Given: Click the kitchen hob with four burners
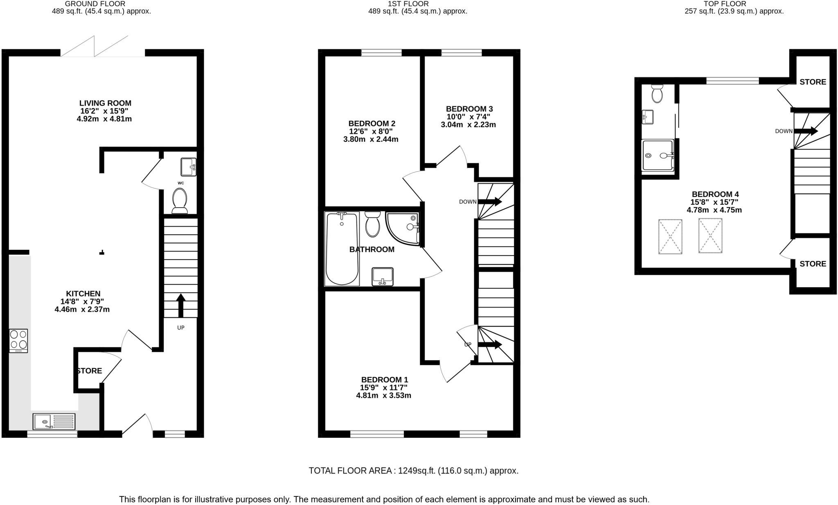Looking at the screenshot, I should [x=18, y=340].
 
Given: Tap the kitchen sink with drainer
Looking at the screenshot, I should [x=54, y=421].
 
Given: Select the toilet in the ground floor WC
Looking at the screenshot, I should [x=180, y=200].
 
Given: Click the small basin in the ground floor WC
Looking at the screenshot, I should [x=188, y=167].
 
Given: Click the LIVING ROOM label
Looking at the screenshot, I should [x=105, y=103].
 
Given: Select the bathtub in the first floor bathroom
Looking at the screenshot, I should [x=342, y=248].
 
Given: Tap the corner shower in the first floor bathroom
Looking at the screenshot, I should [x=403, y=229].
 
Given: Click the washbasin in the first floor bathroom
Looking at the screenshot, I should [x=383, y=276].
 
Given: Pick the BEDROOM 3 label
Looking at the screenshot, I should [x=469, y=109].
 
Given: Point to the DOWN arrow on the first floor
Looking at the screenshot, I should [x=490, y=202].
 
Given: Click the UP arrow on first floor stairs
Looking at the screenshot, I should [x=490, y=344].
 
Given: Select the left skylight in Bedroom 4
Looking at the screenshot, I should [x=670, y=237].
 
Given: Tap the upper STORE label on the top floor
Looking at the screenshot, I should [x=813, y=82].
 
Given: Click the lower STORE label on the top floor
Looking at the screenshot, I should [x=813, y=264].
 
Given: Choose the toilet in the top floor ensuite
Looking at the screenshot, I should [x=657, y=94].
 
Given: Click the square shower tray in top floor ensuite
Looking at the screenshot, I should [x=658, y=155].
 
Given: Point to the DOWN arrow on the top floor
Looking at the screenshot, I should [x=806, y=131].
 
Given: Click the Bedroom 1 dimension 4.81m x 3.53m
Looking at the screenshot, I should [x=383, y=396].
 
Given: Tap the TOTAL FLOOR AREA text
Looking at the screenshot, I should [x=413, y=471].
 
